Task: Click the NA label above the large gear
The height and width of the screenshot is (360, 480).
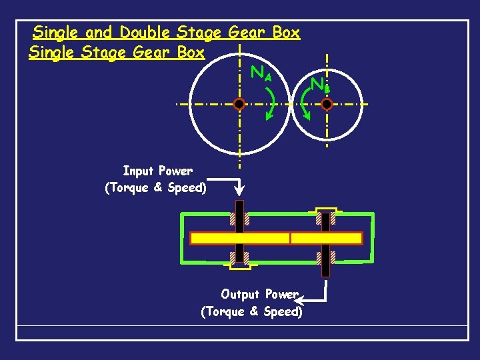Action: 261,73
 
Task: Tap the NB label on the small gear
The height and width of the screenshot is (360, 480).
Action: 320,85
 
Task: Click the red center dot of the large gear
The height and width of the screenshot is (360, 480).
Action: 239,104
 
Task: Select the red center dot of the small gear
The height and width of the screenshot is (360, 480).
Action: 327,104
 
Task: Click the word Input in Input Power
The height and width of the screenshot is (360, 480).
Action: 139,171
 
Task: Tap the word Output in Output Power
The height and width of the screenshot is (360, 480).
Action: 241,294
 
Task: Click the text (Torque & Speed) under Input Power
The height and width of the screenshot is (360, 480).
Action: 156,188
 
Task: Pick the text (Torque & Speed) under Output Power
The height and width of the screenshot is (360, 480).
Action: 251,311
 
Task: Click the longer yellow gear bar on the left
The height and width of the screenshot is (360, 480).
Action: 240,238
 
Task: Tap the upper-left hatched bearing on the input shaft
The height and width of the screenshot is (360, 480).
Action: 233,219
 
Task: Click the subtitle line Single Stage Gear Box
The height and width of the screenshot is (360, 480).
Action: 117,53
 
